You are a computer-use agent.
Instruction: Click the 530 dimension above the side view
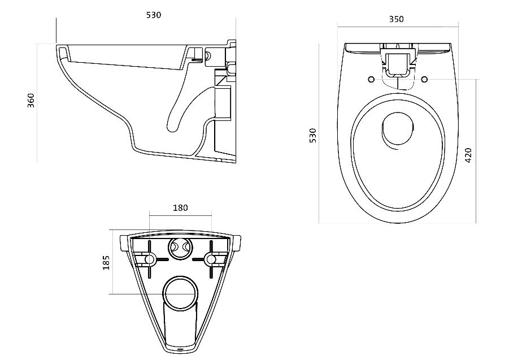click(x=154, y=15)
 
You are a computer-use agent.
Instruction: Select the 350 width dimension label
click(x=397, y=19)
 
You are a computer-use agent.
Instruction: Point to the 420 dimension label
click(x=468, y=155)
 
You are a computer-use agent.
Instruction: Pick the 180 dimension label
click(x=180, y=208)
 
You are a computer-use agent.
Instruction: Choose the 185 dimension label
click(x=106, y=262)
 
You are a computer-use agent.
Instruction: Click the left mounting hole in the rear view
click(x=150, y=259)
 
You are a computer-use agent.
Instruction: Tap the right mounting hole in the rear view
click(x=211, y=259)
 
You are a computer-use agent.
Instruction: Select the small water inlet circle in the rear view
click(x=181, y=247)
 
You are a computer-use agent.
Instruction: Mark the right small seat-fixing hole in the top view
click(x=424, y=79)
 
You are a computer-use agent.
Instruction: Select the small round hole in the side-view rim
click(x=207, y=56)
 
